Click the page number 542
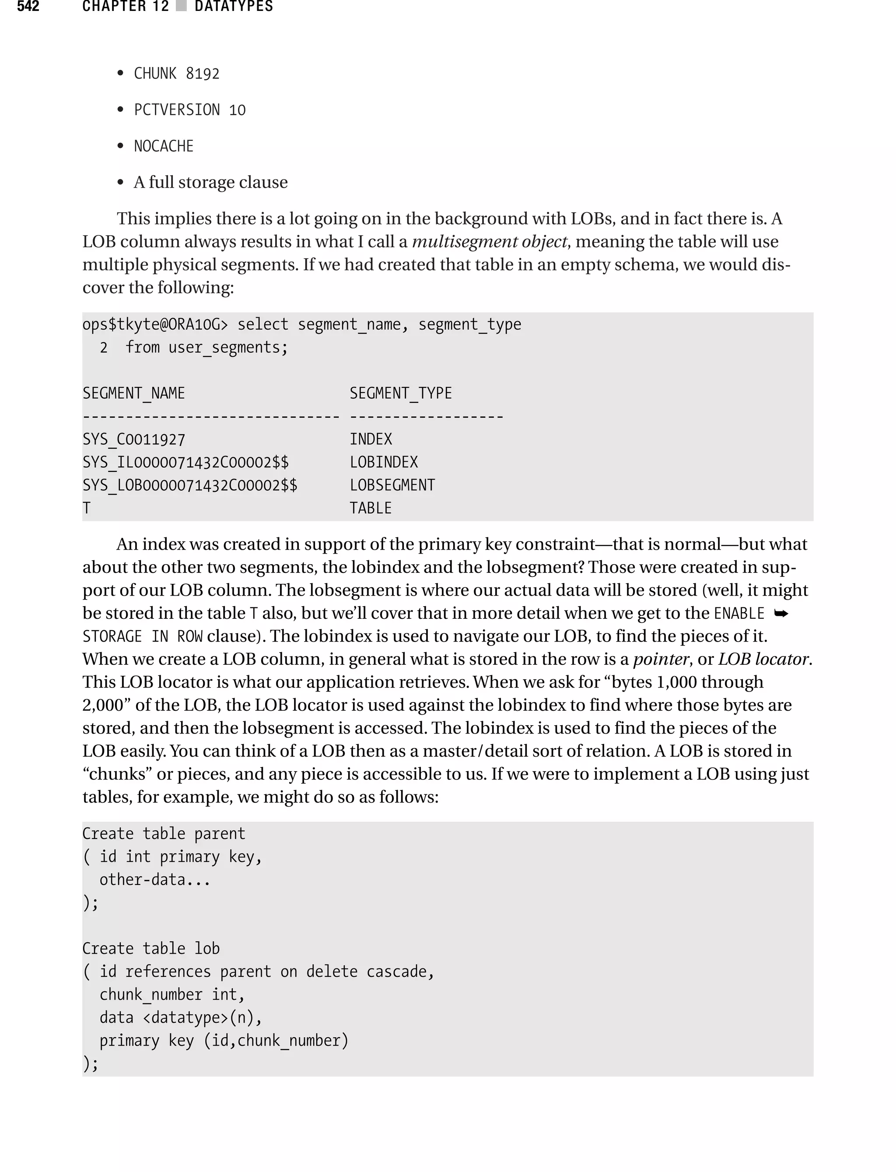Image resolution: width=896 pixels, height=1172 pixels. tap(28, 7)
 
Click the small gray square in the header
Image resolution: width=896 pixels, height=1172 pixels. tap(181, 6)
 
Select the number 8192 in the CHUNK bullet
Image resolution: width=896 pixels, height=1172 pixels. tap(203, 74)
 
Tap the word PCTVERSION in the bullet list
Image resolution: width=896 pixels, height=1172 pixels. tap(177, 110)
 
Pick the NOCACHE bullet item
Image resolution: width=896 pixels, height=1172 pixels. tap(164, 146)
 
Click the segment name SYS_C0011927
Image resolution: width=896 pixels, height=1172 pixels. tap(134, 439)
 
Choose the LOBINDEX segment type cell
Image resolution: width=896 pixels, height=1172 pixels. tap(384, 463)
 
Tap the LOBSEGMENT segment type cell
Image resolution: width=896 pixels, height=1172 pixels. tap(392, 485)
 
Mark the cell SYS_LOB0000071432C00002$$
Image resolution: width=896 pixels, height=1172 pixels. tap(190, 485)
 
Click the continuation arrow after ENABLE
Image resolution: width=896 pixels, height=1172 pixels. tap(781, 614)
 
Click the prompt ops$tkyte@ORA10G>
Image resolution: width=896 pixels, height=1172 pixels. tap(155, 325)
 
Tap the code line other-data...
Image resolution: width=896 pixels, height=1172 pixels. tap(155, 880)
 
